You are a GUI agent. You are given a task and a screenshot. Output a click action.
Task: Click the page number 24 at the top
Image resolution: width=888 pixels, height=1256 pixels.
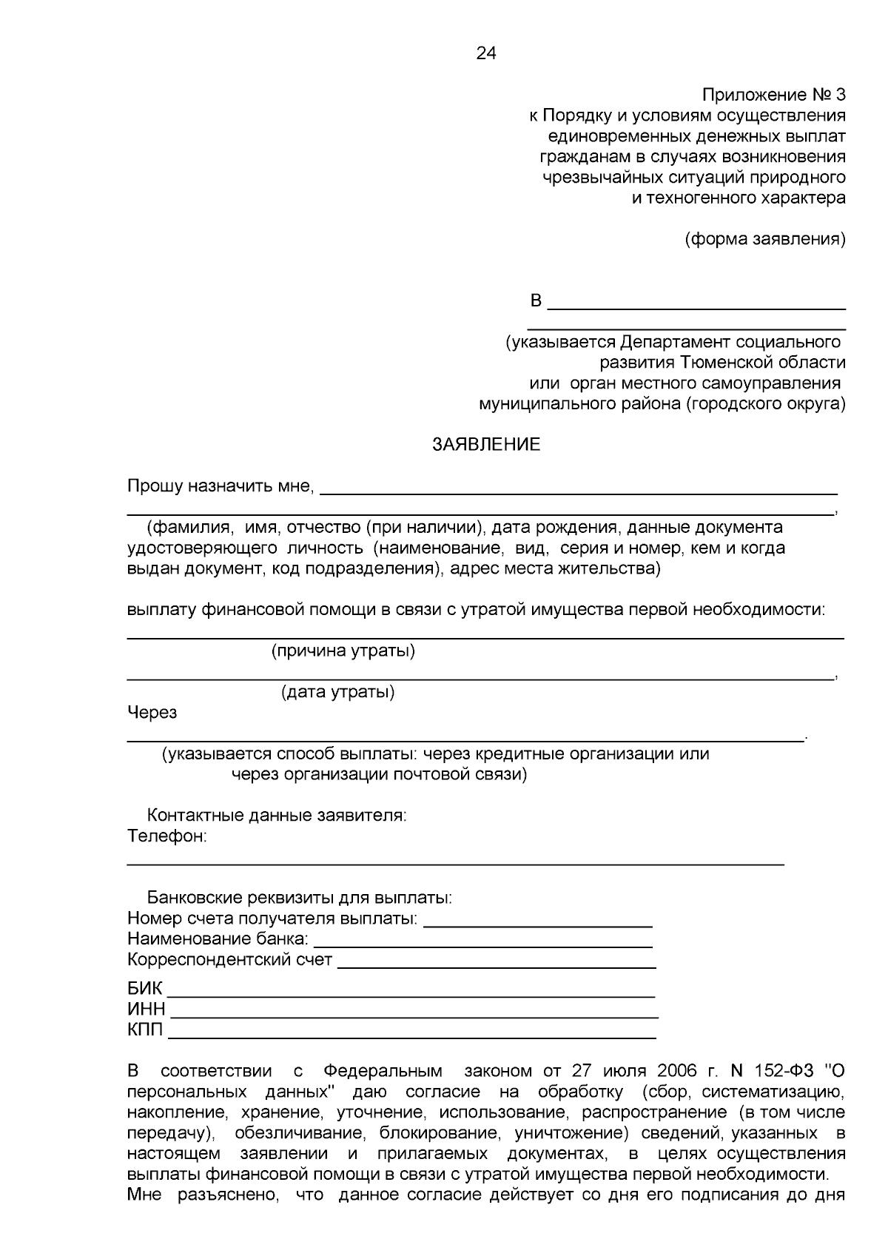[x=486, y=53]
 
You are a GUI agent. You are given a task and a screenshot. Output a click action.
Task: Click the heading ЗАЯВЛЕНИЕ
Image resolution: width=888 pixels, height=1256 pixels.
[x=486, y=445]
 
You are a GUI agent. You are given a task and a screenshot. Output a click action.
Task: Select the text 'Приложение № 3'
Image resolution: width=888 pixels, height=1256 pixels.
[x=773, y=95]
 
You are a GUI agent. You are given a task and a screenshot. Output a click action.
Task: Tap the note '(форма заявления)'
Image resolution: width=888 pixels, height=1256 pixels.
[x=766, y=239]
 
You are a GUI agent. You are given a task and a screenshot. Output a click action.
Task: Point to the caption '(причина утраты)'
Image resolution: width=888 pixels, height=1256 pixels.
[x=343, y=651]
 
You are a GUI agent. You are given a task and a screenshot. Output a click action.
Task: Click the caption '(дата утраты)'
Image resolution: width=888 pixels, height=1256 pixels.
[x=337, y=693]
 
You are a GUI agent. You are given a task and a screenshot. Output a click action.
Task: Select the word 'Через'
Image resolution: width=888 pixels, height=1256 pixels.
[x=152, y=713]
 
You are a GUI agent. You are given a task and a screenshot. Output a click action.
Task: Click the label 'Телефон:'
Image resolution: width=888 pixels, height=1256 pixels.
[x=166, y=837]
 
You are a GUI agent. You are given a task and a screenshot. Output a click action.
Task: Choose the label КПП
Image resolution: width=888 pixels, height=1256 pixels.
[x=145, y=1030]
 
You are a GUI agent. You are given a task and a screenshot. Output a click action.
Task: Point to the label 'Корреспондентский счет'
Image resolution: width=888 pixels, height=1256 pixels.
[x=229, y=961]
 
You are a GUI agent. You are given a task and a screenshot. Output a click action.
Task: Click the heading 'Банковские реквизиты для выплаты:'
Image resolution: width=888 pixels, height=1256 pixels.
[x=299, y=899]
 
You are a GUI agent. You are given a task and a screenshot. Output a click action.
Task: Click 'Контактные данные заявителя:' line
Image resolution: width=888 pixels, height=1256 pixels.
[x=277, y=816]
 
